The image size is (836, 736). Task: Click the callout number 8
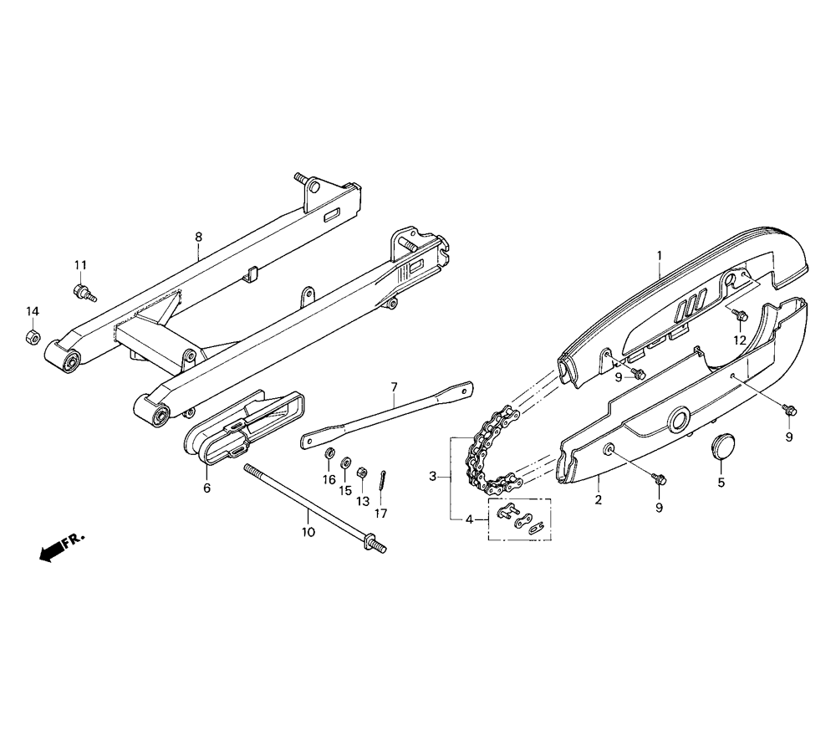[x=198, y=237]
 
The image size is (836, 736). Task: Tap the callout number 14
[x=33, y=311]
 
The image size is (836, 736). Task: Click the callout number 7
[x=394, y=386]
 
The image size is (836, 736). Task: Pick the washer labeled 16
[x=330, y=453]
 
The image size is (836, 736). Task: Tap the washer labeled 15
[x=345, y=462]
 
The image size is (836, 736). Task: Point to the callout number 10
[x=308, y=532]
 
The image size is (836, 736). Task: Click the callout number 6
[x=206, y=488]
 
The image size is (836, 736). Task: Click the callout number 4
[x=469, y=519]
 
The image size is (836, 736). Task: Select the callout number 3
[x=433, y=476]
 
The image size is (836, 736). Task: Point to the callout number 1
[x=660, y=255]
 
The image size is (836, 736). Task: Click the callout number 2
[x=599, y=500]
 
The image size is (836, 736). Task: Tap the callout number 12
[x=740, y=340]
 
